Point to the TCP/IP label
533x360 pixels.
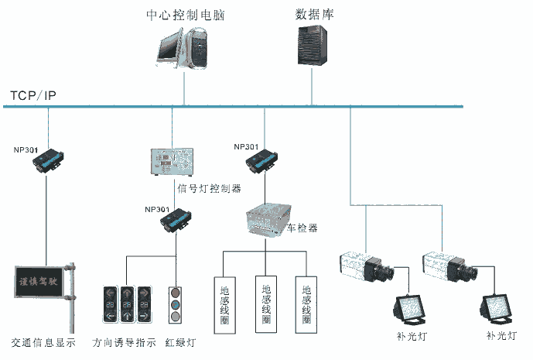[32, 96]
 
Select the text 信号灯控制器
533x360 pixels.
[209, 187]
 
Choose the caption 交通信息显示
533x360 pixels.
[43, 342]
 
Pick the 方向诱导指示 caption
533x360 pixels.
[124, 342]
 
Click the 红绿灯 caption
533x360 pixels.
[180, 342]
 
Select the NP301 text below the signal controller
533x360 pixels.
[157, 209]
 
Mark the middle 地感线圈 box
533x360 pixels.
[265, 301]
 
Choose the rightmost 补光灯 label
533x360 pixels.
[501, 335]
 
